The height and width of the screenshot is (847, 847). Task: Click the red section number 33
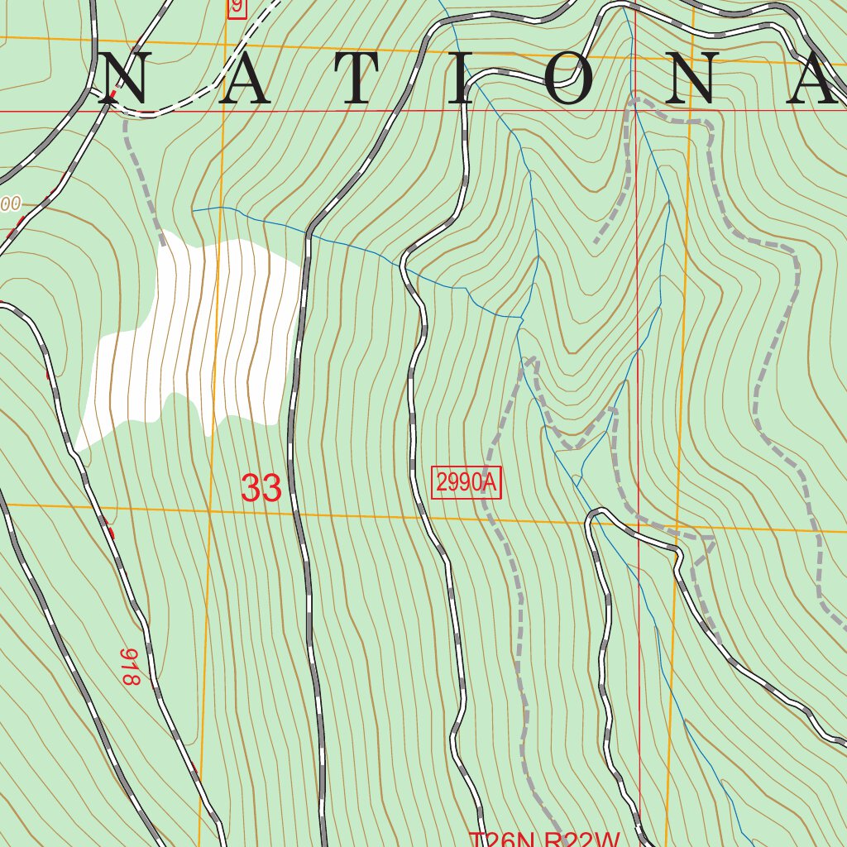click(261, 488)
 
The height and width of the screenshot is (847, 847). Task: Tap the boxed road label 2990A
click(467, 483)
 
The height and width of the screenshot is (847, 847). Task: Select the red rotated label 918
click(130, 667)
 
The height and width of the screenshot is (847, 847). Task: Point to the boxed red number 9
click(237, 7)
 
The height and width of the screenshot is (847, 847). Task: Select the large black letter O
click(575, 79)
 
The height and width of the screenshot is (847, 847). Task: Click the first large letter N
click(124, 79)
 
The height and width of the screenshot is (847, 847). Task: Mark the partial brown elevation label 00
click(10, 203)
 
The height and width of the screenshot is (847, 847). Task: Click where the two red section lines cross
click(635, 110)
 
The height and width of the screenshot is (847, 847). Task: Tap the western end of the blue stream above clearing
click(194, 209)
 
